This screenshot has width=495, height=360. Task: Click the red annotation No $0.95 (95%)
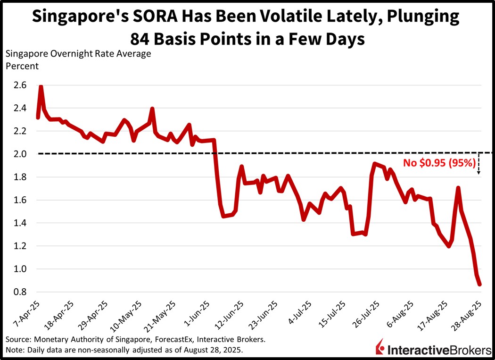pos(438,163)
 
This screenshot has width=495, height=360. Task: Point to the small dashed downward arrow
pos(478,165)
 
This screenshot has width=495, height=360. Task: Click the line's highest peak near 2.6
pos(41,87)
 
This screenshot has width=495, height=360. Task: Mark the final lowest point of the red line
pos(479,284)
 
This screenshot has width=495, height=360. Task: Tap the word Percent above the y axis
pos(22,66)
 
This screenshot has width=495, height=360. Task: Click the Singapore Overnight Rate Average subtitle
pos(78,53)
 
